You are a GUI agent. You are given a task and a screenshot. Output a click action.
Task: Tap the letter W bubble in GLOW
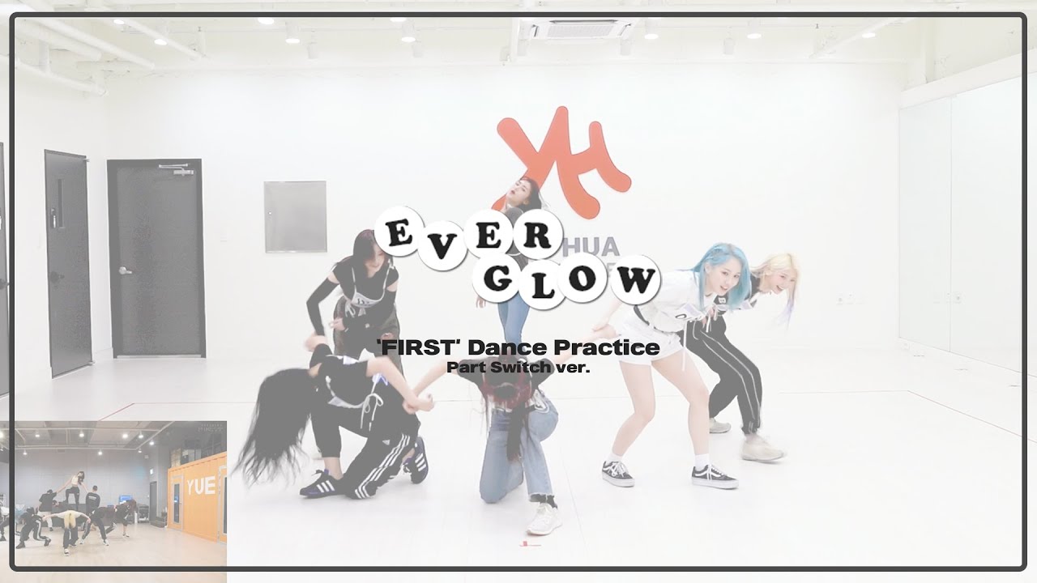[636, 279]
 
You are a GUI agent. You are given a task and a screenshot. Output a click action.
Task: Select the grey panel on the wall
[295, 216]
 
